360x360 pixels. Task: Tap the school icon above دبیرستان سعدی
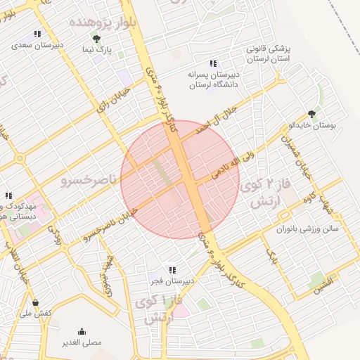click(x=37, y=34)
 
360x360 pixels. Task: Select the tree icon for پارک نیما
click(x=96, y=39)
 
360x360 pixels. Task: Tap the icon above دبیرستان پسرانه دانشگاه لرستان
click(x=213, y=63)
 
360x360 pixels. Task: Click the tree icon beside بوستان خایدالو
click(x=311, y=114)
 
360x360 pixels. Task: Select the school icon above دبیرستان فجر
click(x=172, y=270)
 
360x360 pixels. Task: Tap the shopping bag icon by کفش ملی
click(x=35, y=302)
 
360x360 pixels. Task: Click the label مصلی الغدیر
click(x=83, y=342)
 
